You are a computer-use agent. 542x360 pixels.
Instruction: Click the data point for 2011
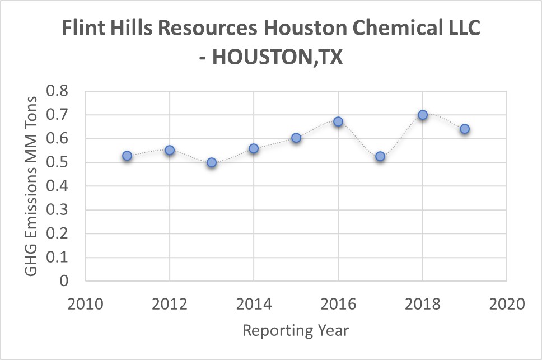click(127, 156)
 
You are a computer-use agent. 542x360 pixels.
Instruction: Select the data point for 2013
click(212, 162)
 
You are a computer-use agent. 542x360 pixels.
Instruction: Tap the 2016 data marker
click(338, 121)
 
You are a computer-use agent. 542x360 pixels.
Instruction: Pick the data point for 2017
click(380, 156)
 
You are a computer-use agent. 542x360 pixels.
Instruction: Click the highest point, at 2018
click(423, 115)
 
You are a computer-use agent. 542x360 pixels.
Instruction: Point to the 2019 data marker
click(465, 129)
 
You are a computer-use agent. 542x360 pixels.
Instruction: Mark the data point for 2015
click(296, 138)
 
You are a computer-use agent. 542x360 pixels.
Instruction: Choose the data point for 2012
click(170, 150)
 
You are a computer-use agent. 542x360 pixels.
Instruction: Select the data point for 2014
click(254, 148)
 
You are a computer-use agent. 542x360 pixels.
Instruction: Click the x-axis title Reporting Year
click(296, 330)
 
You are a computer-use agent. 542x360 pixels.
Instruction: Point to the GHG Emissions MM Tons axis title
click(32, 186)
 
